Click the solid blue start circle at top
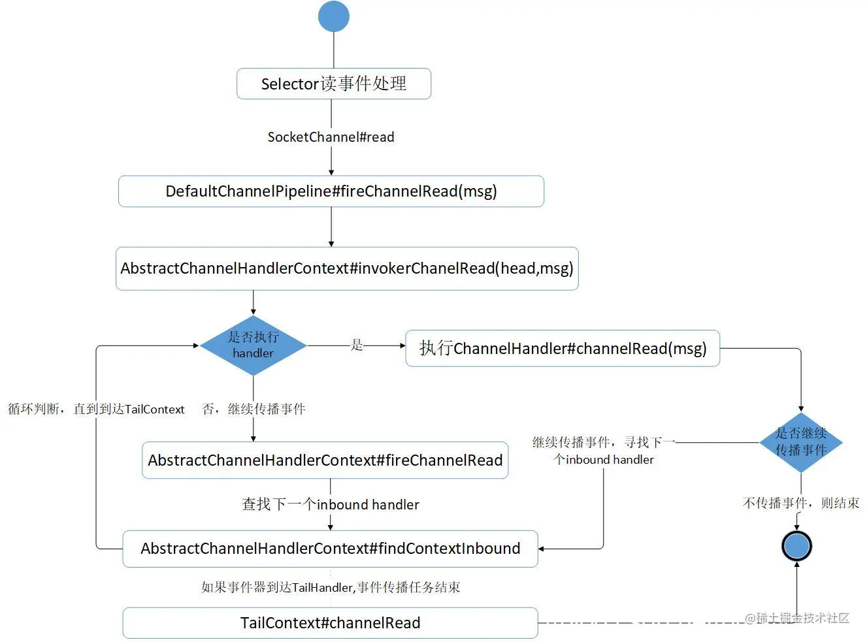(334, 16)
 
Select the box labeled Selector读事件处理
(333, 84)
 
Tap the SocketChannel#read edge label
(331, 137)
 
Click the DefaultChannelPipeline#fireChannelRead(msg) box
(331, 191)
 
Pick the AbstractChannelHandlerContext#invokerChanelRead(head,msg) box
(346, 268)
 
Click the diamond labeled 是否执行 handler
(254, 345)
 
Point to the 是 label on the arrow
(357, 345)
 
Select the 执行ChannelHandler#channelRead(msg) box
(562, 349)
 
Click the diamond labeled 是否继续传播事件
(800, 442)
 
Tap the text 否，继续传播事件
(254, 409)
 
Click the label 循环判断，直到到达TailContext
(96, 409)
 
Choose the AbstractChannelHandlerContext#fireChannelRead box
(325, 460)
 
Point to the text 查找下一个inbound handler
(330, 505)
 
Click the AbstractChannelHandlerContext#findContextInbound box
(330, 549)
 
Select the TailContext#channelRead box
(330, 623)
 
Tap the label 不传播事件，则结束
(800, 503)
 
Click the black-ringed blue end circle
(796, 546)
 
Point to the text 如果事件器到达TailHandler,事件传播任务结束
(330, 587)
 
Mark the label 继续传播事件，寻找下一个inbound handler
(602, 451)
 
